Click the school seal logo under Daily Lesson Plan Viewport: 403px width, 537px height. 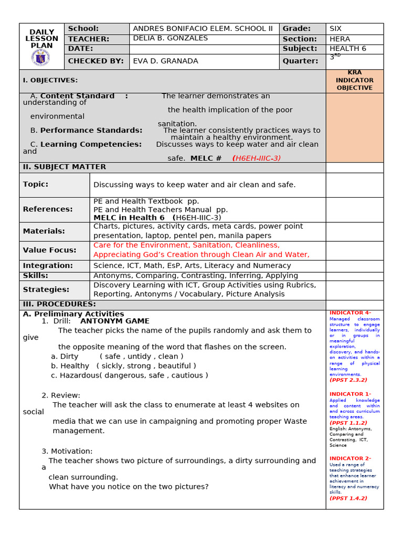[41, 58]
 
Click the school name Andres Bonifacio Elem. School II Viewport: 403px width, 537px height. [203, 29]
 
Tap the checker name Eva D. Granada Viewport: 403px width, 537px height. [166, 61]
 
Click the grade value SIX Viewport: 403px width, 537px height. [336, 29]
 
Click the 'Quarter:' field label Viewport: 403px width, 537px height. [300, 61]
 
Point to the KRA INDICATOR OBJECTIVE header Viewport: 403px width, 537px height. [354, 80]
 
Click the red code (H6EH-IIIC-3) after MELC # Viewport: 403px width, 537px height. [256, 158]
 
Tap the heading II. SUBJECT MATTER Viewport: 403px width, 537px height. [65, 167]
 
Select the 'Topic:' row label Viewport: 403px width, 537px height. [36, 184]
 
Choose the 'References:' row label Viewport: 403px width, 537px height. [48, 209]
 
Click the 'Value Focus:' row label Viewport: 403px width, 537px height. [49, 250]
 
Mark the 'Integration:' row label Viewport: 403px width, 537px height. [48, 265]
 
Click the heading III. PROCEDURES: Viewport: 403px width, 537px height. [59, 304]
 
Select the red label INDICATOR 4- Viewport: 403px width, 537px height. [350, 313]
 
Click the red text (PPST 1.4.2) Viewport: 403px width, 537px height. [348, 498]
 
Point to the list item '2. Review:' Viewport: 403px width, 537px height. [61, 395]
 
